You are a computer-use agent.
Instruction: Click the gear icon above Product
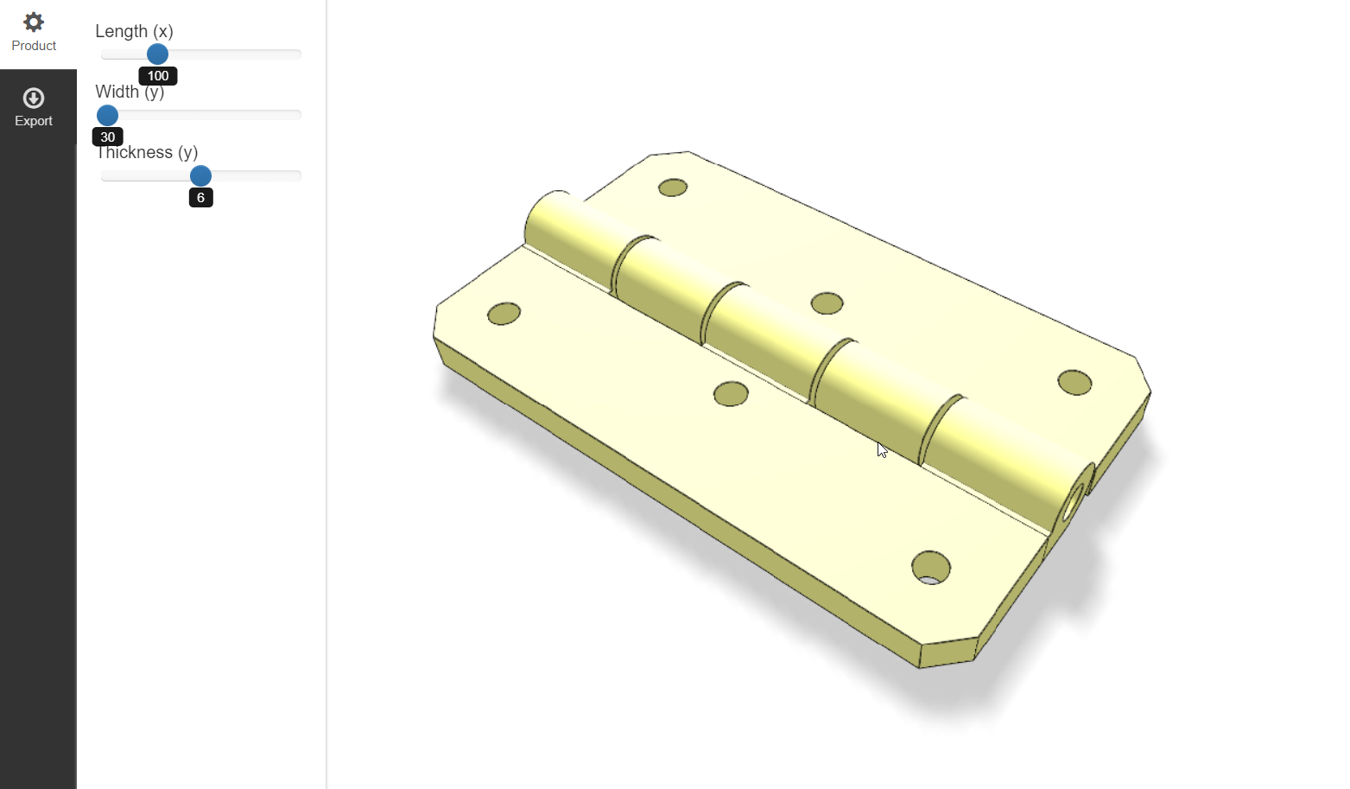click(34, 22)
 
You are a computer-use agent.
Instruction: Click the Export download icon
click(34, 98)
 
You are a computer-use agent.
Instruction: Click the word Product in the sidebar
click(34, 46)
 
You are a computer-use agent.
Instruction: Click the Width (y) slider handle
click(107, 115)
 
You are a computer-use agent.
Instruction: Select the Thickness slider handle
click(200, 176)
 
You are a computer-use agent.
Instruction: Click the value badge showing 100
click(158, 76)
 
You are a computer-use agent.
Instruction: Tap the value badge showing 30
click(108, 137)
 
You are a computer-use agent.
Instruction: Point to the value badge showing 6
click(200, 198)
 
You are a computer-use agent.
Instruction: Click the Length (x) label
click(134, 31)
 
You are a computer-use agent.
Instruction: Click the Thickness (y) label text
click(147, 153)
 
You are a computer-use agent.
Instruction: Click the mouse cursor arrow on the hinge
click(881, 449)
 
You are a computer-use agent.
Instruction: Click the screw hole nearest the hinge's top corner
click(672, 188)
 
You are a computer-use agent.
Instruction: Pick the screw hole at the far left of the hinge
click(504, 314)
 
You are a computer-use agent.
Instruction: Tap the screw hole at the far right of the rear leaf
click(1074, 382)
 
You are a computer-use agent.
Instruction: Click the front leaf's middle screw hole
click(731, 394)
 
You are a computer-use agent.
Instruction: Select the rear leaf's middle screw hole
click(827, 303)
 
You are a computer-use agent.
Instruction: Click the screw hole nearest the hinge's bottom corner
click(930, 568)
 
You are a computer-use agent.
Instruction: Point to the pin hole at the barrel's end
click(1074, 502)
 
